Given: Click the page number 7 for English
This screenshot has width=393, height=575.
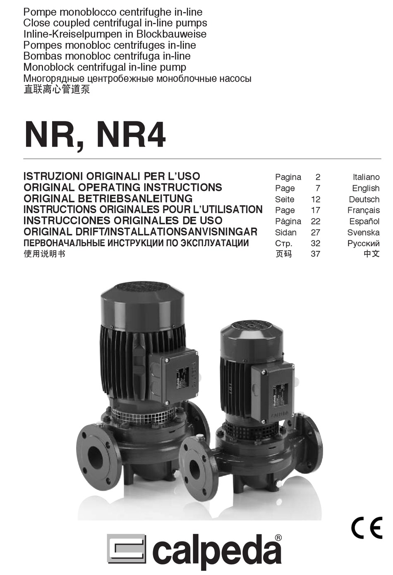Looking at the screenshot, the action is tap(318, 188).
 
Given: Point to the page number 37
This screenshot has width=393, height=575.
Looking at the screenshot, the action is tap(315, 254).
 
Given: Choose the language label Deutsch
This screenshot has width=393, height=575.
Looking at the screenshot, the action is tap(364, 199).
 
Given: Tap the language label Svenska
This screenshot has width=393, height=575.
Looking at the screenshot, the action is tap(363, 232).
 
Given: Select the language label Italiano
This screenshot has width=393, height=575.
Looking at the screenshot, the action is tap(366, 177).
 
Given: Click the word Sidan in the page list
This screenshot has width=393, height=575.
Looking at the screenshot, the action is tap(285, 232).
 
